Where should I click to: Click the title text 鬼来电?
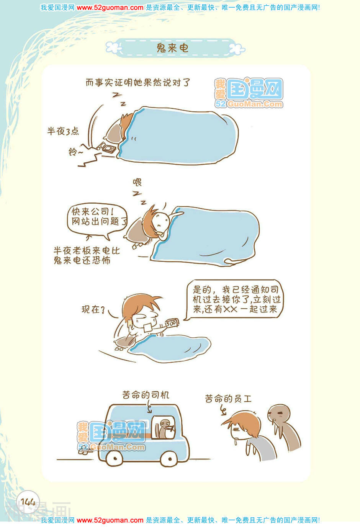coord(173,48)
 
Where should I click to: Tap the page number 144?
coord(28,502)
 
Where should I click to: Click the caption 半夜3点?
coord(63,131)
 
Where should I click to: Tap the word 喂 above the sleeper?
coord(137,182)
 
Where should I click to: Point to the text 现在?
coord(93,309)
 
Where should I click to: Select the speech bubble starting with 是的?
coord(235,299)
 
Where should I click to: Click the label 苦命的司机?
coord(146,395)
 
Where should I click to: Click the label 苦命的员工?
coord(228,399)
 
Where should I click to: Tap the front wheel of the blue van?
coord(170,459)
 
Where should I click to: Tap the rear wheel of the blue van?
coord(115,458)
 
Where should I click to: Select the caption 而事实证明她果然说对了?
coord(138,83)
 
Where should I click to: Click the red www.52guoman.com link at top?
coord(110,8)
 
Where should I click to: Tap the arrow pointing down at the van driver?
coord(149,407)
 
